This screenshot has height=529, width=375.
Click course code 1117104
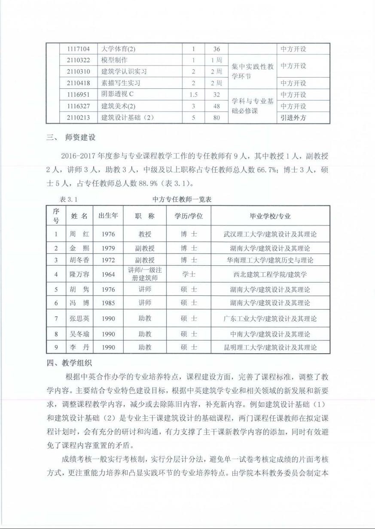tap(78, 49)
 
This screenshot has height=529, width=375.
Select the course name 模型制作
tap(114, 60)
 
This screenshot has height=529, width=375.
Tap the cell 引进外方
tap(293, 117)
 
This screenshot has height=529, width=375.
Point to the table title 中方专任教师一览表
tap(182, 200)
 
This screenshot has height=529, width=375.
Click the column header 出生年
tap(108, 216)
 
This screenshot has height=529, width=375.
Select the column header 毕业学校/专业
tap(270, 216)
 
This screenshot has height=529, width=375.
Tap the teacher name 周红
tap(79, 234)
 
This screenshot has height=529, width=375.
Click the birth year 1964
tap(108, 274)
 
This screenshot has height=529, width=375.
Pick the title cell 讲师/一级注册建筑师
tap(145, 274)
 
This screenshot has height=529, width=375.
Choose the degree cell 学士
tap(189, 274)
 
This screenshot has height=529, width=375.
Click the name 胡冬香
tap(79, 260)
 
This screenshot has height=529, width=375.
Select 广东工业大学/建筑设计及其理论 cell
tap(270, 319)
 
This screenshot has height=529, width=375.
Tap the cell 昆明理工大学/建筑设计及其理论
tap(270, 347)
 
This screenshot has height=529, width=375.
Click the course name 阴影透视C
tap(118, 94)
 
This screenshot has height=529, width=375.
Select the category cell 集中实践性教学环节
tap(253, 72)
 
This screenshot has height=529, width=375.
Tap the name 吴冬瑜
tap(79, 334)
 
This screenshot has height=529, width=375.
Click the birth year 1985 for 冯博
tap(108, 303)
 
